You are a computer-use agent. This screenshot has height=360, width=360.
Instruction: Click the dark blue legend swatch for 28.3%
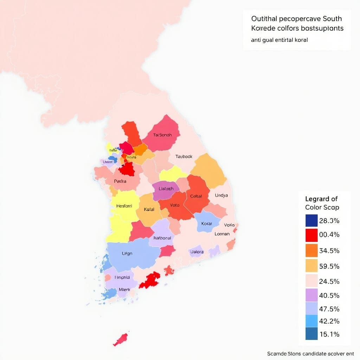pyautogui.click(x=311, y=221)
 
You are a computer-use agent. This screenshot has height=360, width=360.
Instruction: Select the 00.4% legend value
pyautogui.click(x=329, y=235)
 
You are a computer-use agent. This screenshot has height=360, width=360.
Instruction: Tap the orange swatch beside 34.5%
pyautogui.click(x=311, y=250)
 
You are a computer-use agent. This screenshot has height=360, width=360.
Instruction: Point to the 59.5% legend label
pyautogui.click(x=329, y=266)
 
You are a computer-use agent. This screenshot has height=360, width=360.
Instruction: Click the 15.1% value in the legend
pyautogui.click(x=329, y=334)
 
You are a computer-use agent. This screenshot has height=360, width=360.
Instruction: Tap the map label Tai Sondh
pyautogui.click(x=162, y=135)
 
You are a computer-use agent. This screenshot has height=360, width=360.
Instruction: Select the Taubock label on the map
pyautogui.click(x=184, y=156)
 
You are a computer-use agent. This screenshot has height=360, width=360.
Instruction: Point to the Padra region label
pyautogui.click(x=120, y=181)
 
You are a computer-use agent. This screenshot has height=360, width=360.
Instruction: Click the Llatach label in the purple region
pyautogui.click(x=166, y=189)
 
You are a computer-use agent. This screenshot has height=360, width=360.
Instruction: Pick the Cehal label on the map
pyautogui.click(x=196, y=196)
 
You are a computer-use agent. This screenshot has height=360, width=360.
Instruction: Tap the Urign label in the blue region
pyautogui.click(x=127, y=253)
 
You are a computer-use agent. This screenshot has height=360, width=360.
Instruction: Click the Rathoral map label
pyautogui.click(x=162, y=238)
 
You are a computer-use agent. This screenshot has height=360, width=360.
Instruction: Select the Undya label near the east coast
pyautogui.click(x=221, y=195)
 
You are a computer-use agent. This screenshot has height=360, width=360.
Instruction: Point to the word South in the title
pyautogui.click(x=329, y=18)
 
